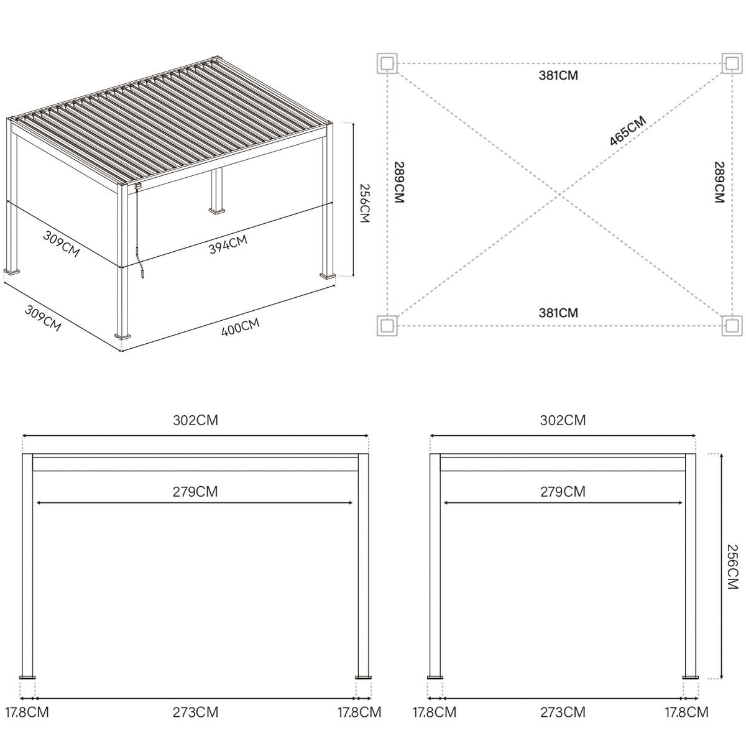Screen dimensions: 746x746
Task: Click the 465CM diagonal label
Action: coord(627,131)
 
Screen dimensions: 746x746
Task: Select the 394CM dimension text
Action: coord(228,244)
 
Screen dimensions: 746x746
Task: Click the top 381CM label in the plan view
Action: coord(558,76)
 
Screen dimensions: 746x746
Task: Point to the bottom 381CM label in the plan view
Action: coord(558,313)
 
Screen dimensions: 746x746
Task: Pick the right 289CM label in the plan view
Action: coord(719,182)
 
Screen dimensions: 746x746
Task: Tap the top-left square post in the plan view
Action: coord(387,63)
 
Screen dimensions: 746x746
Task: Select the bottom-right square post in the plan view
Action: coord(732,325)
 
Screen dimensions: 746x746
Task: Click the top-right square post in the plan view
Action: coord(732,63)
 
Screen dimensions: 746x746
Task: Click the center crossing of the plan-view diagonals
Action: coord(559,195)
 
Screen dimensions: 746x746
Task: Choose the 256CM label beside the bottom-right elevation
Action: coord(732,567)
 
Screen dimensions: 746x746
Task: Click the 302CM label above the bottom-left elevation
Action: coord(195,420)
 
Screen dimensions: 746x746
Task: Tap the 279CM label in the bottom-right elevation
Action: coord(563,492)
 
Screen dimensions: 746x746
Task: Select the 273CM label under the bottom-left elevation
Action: coord(195,712)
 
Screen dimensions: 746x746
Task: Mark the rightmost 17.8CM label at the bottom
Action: coord(686,712)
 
